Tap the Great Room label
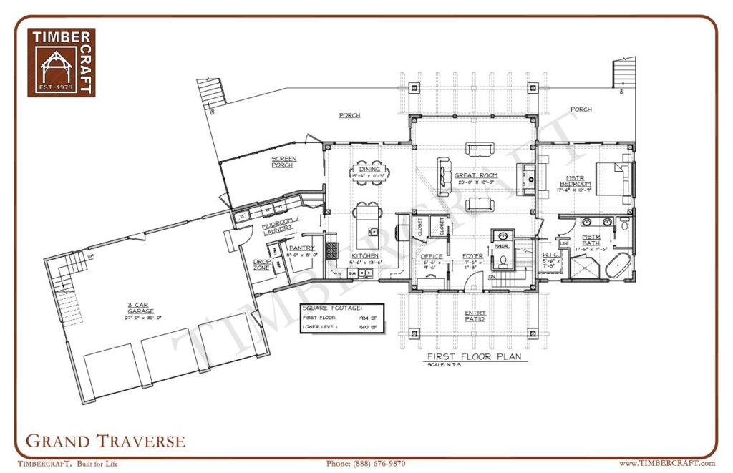coord(470,175)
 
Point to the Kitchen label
coord(365,255)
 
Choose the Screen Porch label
coord(283,162)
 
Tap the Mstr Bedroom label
coord(576,180)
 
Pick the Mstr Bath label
coord(591,240)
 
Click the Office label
coord(432,256)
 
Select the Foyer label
coord(472,256)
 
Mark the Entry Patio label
coord(474,316)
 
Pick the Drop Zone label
coord(261,265)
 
